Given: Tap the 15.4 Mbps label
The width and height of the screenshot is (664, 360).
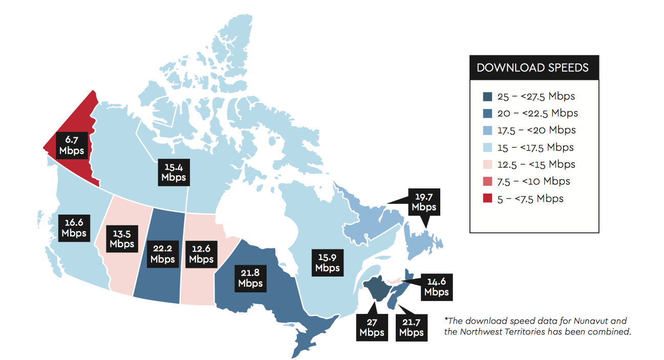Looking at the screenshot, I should [x=174, y=172].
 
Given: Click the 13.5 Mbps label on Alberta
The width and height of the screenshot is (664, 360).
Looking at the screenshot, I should [x=121, y=238].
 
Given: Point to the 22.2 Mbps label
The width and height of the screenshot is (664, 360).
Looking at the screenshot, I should [x=163, y=253].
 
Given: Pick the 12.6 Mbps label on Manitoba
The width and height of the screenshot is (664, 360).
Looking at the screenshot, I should [x=201, y=253].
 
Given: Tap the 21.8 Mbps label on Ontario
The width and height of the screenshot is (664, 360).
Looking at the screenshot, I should [x=250, y=277].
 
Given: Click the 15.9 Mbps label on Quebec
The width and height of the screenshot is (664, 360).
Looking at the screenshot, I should [x=327, y=262].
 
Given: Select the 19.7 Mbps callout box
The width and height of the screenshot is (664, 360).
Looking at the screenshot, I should [x=424, y=201].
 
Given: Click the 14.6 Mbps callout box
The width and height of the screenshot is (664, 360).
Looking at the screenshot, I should [x=436, y=286].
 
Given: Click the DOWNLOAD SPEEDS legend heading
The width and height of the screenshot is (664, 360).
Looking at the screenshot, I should [x=532, y=68].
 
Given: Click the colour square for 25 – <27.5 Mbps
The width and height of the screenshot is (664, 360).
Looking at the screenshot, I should [x=487, y=97].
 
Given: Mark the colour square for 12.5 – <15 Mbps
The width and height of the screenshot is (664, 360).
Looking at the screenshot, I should [x=487, y=164].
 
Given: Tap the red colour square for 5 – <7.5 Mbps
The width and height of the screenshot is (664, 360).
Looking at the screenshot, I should [x=487, y=199].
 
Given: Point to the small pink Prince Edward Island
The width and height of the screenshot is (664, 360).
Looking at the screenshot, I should [x=393, y=280].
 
